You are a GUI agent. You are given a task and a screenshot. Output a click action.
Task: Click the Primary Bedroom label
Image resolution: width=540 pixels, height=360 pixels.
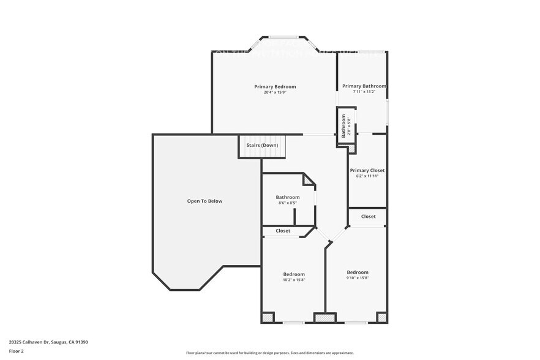click(x=275, y=87)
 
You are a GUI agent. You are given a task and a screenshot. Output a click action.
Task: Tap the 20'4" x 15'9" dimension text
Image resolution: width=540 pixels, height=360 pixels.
click(x=275, y=92)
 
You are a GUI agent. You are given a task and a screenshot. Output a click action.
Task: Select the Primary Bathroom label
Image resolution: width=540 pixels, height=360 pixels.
click(x=364, y=86)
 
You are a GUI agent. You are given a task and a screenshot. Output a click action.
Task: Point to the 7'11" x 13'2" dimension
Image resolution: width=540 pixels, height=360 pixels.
click(x=364, y=92)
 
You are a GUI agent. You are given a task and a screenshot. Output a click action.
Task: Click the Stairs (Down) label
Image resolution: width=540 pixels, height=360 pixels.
click(x=262, y=145)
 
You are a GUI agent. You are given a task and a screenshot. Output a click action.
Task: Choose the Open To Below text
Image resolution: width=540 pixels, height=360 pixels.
click(x=204, y=201)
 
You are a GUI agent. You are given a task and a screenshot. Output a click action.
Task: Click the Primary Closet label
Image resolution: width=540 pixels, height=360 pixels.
click(x=367, y=170)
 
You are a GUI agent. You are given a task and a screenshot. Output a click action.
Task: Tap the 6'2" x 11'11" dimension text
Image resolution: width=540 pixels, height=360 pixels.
click(x=367, y=176)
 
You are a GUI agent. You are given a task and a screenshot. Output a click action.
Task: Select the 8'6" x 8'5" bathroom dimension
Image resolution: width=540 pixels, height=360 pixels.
click(x=287, y=203)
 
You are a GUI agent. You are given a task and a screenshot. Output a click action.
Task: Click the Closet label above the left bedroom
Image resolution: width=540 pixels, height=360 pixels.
click(x=283, y=231)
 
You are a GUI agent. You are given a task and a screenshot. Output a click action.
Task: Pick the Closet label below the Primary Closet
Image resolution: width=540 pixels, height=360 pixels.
click(x=368, y=216)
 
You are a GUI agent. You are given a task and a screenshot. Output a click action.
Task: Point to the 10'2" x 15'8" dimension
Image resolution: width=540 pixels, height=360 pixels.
click(x=293, y=280)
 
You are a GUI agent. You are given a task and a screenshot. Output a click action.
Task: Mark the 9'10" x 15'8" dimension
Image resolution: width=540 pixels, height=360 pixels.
click(x=358, y=277)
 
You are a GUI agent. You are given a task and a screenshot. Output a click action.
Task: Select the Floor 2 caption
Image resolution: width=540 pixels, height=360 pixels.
click(x=17, y=351)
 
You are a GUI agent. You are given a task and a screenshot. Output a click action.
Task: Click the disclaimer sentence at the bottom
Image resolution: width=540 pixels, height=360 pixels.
click(x=269, y=353)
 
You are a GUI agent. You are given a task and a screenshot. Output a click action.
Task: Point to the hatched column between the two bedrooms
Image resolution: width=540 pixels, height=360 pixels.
click(x=324, y=318)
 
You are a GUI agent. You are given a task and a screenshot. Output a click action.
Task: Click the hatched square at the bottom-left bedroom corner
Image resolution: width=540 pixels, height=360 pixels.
click(x=268, y=318)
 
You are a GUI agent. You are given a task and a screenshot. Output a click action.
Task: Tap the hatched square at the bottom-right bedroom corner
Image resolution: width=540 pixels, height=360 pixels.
click(x=381, y=318)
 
